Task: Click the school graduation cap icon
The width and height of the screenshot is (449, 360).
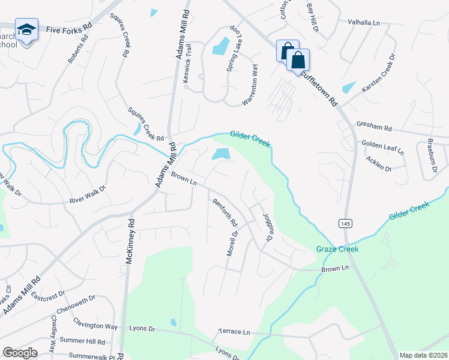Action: click(x=26, y=29)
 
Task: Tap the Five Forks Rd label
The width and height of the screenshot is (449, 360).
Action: click(x=69, y=28)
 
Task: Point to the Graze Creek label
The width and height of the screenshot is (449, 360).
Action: click(x=337, y=249)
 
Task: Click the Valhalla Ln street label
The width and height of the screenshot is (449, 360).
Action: click(x=364, y=22)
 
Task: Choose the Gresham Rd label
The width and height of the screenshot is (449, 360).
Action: click(x=373, y=128)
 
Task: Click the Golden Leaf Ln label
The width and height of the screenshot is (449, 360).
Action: click(x=382, y=148)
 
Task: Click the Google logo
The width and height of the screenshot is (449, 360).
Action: click(x=20, y=352)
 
